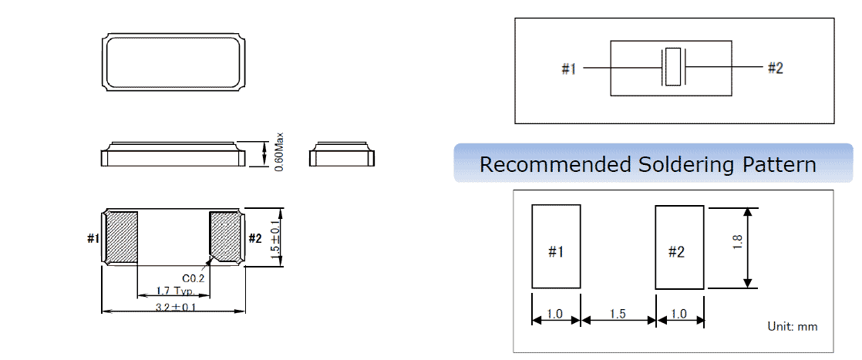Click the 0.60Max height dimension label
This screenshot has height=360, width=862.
point(281,152)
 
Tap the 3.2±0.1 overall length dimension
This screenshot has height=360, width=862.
point(173,307)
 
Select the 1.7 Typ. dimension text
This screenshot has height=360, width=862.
point(173,291)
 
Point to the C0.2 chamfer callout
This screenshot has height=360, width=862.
point(193,278)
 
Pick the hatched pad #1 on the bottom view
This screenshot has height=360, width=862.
point(121,237)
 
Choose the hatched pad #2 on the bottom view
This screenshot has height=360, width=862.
point(226,237)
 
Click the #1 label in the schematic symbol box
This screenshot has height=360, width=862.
point(569,69)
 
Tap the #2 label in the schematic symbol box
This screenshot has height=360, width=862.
point(775,69)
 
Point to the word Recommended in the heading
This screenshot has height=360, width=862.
point(554,164)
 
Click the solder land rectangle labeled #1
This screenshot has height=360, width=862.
point(556,247)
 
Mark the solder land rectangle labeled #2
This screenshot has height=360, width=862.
point(679,247)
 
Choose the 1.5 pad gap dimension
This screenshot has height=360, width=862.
point(618,315)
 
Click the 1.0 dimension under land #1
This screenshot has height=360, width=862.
point(554,315)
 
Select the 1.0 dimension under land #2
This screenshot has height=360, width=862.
point(679,315)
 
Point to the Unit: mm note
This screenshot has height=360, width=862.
point(792,327)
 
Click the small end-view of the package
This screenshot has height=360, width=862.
point(342,155)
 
